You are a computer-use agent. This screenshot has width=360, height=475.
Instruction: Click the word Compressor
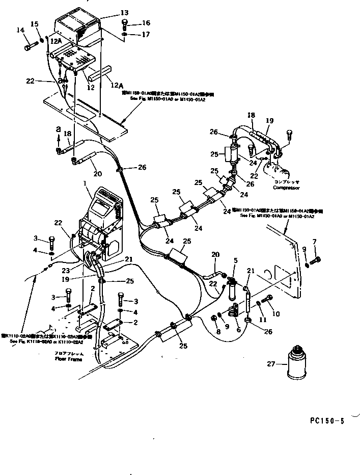[287, 188]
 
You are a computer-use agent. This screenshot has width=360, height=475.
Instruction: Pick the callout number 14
[20, 30]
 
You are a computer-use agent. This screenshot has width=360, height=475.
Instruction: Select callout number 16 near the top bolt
[146, 23]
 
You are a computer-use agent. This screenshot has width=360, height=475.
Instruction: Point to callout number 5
[235, 260]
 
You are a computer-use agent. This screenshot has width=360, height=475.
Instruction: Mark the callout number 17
[146, 35]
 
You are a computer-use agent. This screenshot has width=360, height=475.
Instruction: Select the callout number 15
[35, 24]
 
